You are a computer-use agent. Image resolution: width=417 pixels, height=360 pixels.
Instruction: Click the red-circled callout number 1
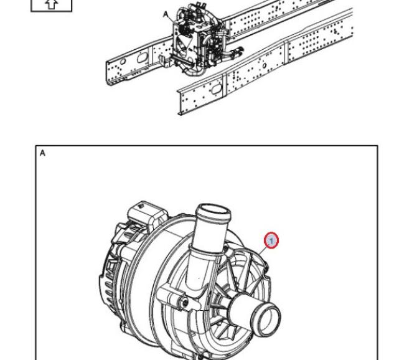pyautogui.click(x=271, y=241)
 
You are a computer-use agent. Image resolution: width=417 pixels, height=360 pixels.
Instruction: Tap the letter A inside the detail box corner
pyautogui.click(x=42, y=153)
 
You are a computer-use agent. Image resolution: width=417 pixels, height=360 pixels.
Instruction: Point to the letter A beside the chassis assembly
pyautogui.click(x=166, y=14)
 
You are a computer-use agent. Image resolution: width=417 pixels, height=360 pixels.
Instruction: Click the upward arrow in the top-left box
pyautogui.click(x=51, y=4)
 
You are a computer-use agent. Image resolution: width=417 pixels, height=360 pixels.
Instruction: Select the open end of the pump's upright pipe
pyautogui.click(x=213, y=211)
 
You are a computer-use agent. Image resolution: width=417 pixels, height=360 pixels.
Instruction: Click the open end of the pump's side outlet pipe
pyautogui.click(x=268, y=320)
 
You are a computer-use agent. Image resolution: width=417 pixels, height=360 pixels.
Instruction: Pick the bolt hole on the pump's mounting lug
pyautogui.click(x=184, y=301)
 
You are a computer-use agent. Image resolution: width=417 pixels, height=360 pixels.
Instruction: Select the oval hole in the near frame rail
pyautogui.click(x=216, y=89)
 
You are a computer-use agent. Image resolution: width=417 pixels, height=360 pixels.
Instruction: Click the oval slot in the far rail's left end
pyautogui.click(x=143, y=57)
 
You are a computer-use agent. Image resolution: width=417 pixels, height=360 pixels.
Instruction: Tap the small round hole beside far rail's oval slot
pyautogui.click(x=123, y=62)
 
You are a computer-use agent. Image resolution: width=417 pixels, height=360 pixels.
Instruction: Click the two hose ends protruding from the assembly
pyautogui.click(x=237, y=52)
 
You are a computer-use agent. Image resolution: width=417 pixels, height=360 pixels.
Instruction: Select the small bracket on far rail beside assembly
pyautogui.click(x=164, y=62)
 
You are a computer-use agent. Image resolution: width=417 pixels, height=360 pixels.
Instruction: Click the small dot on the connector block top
pyautogui.click(x=141, y=206)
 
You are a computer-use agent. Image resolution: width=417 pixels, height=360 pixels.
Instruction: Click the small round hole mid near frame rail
pyautogui.click(x=265, y=65)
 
